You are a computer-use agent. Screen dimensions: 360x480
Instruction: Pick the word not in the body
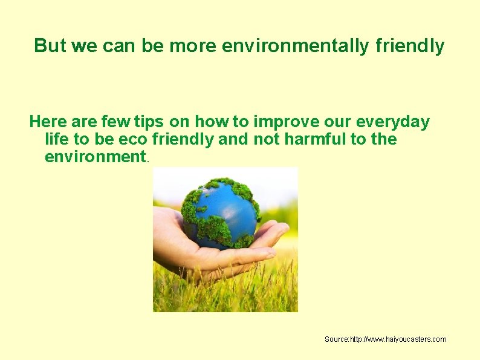[265, 139]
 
